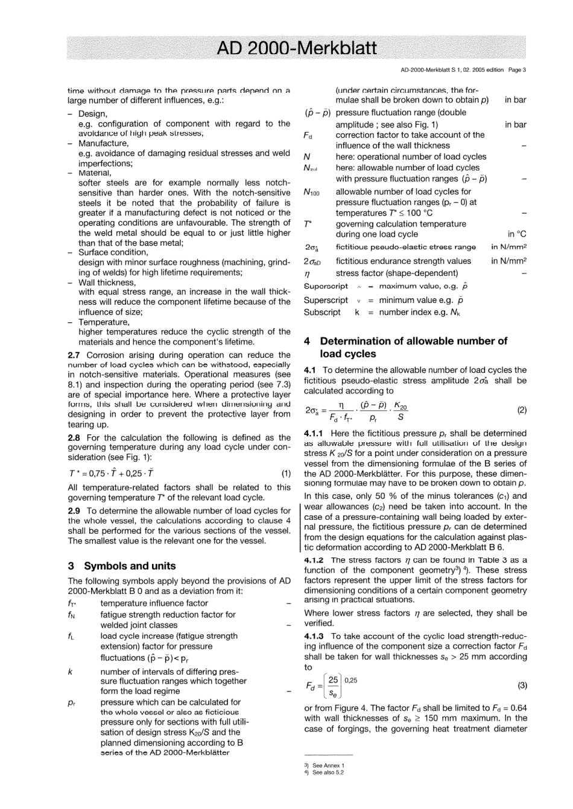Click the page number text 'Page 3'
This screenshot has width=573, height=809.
(517, 70)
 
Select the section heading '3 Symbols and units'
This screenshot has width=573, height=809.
(122, 566)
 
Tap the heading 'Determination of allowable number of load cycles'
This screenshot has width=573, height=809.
(413, 348)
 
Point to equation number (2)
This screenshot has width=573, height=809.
(522, 410)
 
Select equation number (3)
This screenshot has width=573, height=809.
(522, 685)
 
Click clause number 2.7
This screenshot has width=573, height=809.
(75, 355)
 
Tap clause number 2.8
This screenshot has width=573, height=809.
(75, 438)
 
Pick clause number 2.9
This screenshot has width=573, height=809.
(75, 511)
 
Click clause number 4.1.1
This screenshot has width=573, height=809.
(314, 433)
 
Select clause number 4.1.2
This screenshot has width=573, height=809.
(314, 560)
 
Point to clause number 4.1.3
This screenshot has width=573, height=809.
(314, 636)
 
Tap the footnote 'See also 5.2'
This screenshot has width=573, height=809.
(328, 772)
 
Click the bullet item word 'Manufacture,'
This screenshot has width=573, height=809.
(103, 143)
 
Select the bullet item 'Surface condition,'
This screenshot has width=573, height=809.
(113, 252)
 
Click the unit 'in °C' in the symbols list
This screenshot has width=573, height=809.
(517, 234)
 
